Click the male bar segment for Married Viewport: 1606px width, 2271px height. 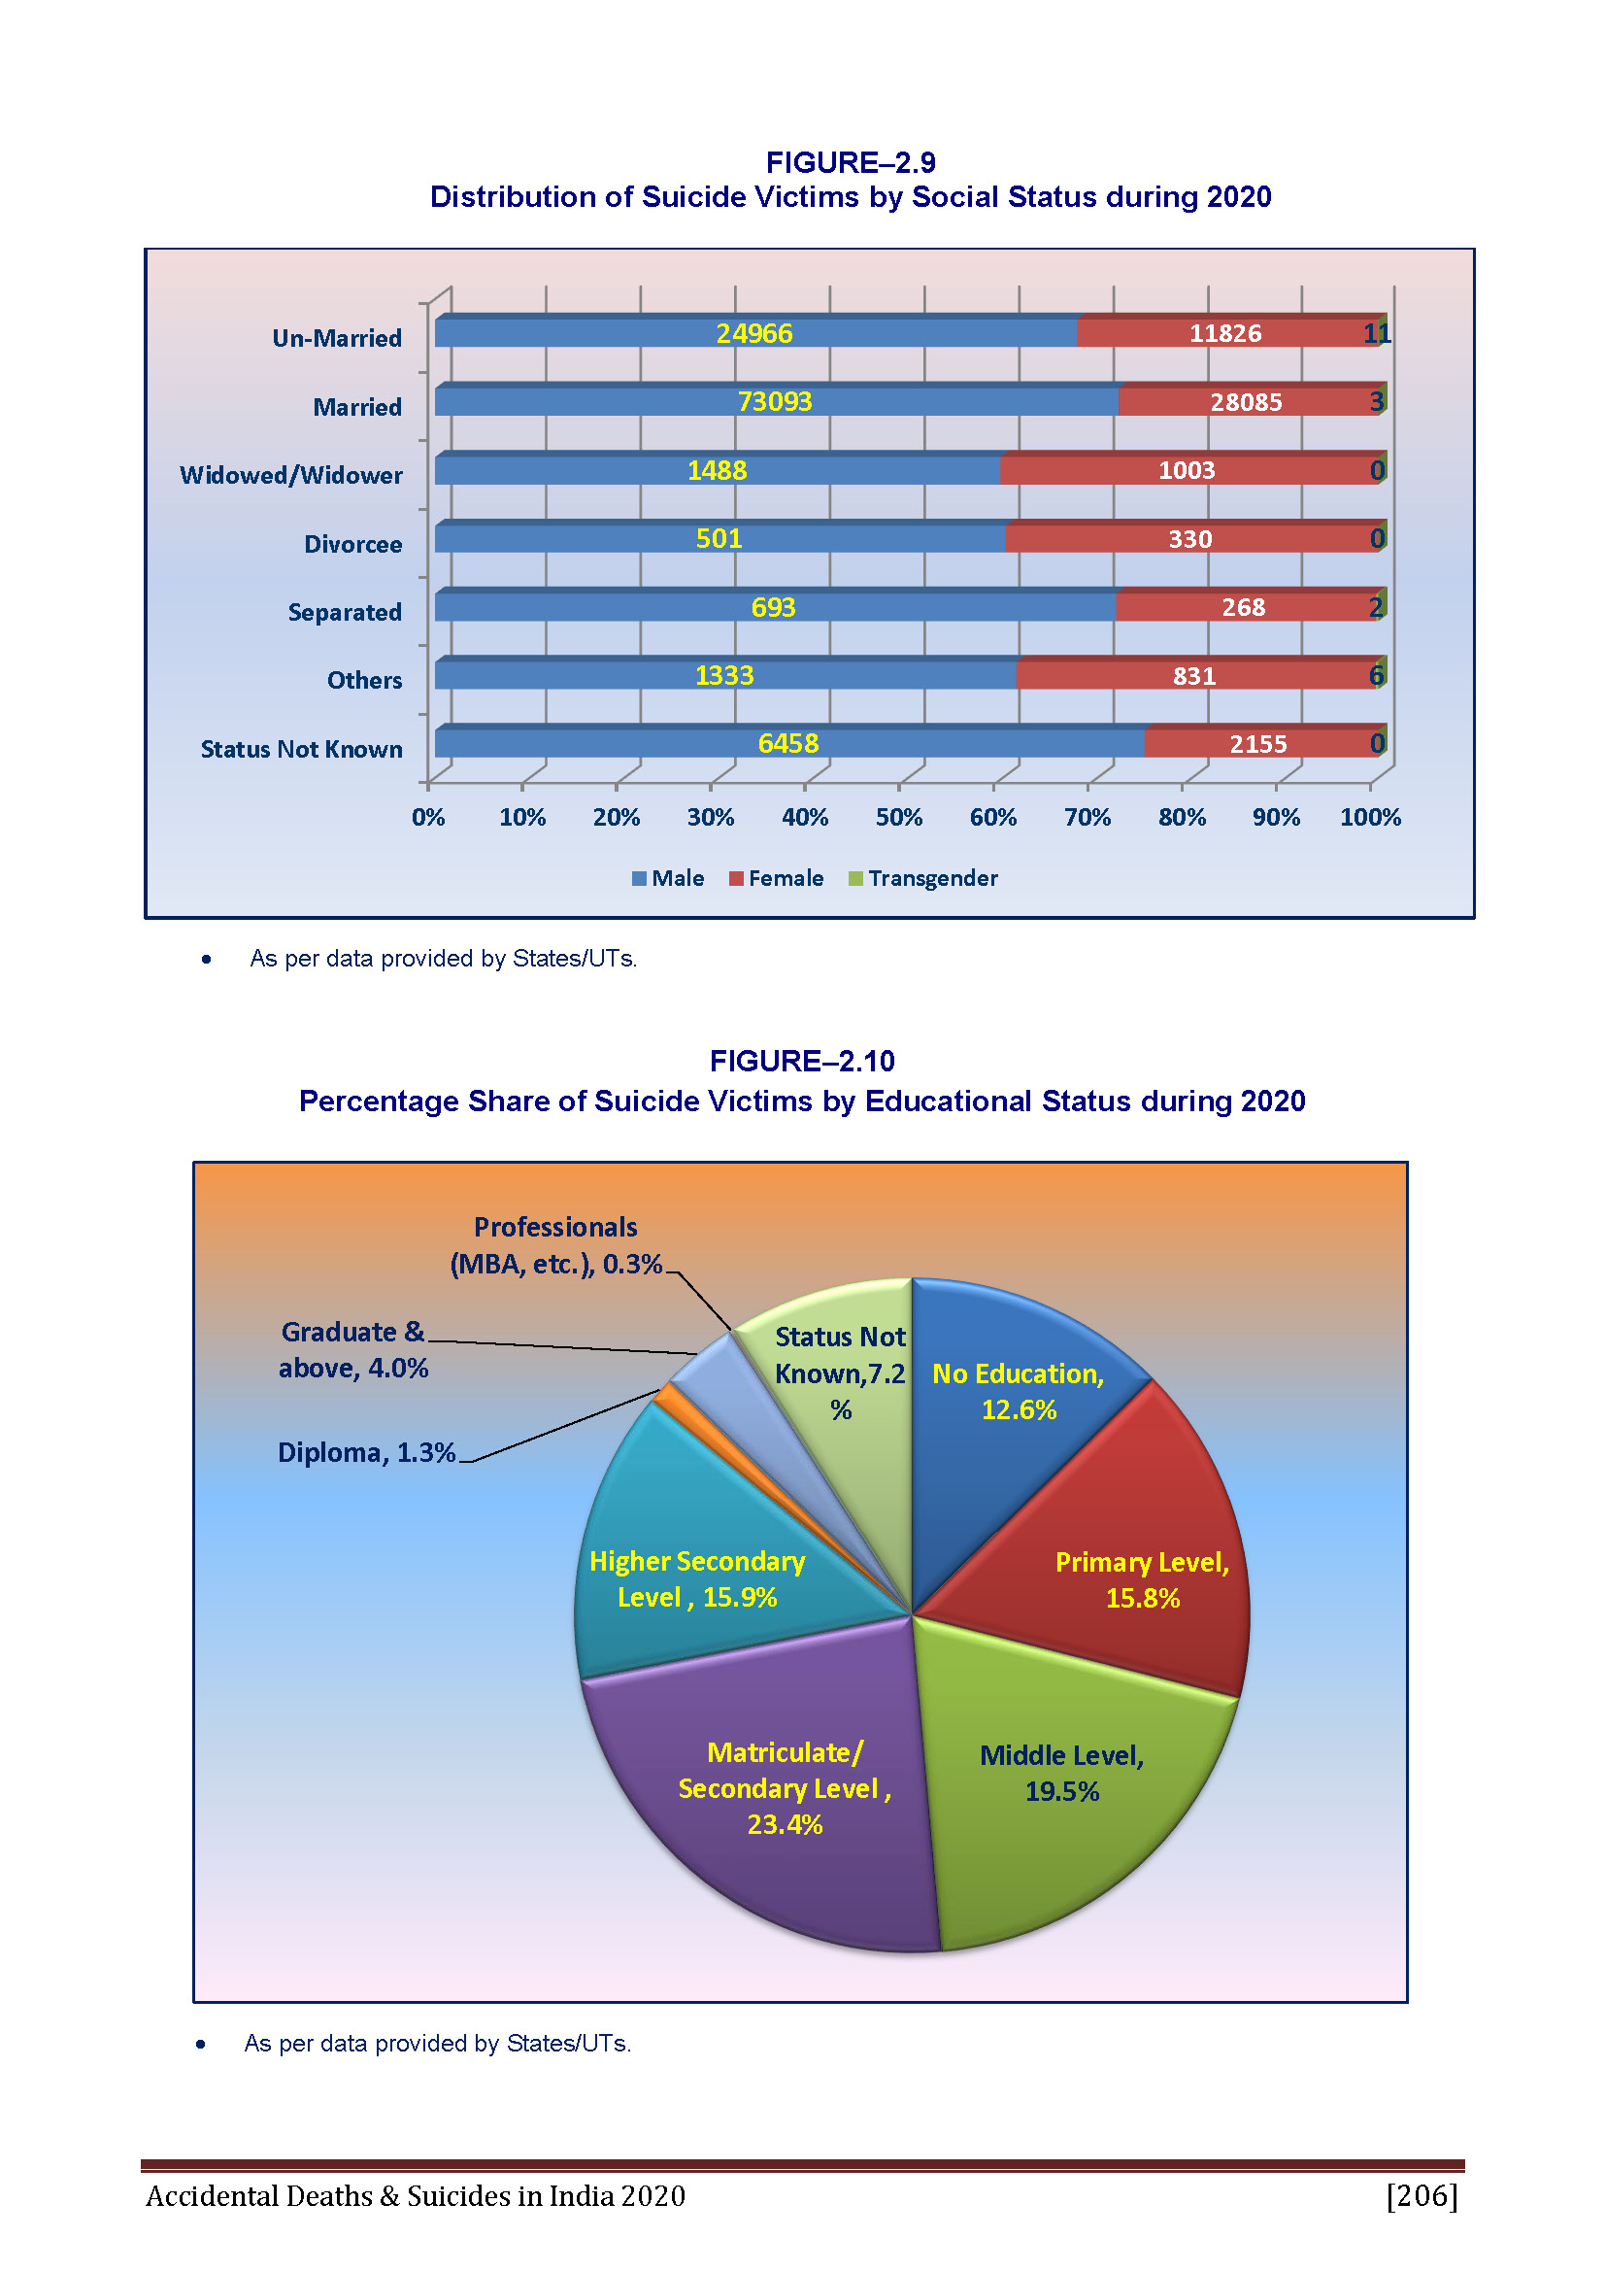point(778,399)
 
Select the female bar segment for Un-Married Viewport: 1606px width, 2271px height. point(1227,331)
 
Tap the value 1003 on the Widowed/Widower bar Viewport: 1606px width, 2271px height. point(1187,470)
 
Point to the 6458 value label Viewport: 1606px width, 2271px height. point(788,743)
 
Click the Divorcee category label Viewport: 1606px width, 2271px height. point(353,544)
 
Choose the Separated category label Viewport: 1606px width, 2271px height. point(345,612)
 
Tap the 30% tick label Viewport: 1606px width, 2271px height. point(710,817)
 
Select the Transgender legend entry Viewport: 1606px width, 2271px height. point(922,878)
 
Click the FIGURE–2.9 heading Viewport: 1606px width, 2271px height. point(851,162)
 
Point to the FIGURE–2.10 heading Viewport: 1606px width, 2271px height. point(802,1061)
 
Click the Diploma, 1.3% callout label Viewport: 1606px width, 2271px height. point(366,1452)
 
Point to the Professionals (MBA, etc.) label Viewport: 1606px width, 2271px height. point(555,1245)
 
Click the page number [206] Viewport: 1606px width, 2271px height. point(1422,2196)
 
